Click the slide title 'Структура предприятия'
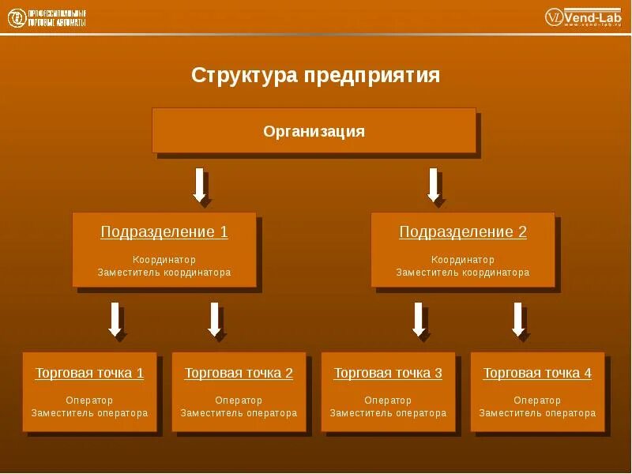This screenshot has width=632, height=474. (x=315, y=76)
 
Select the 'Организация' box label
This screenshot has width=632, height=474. (x=314, y=131)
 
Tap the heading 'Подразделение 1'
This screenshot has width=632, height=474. (x=164, y=232)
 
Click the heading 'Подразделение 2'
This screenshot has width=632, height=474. (x=463, y=232)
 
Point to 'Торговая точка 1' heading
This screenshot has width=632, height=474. (x=89, y=374)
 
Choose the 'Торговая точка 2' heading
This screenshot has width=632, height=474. (x=239, y=374)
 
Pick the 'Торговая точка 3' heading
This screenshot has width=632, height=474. (x=388, y=374)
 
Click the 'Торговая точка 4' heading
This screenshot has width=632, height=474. (x=537, y=374)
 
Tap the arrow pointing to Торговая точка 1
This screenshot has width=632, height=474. (x=115, y=319)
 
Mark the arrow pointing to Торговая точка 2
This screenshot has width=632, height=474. (x=214, y=319)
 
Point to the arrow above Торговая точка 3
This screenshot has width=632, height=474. (x=419, y=319)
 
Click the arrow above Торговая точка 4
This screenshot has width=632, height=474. (x=518, y=319)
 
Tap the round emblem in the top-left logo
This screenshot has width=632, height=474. (x=16, y=18)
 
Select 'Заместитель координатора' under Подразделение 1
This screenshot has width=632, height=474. (x=164, y=273)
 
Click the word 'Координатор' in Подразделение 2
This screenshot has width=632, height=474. (x=463, y=259)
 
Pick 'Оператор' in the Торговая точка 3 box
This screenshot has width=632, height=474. (x=388, y=401)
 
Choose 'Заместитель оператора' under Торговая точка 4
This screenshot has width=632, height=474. (x=537, y=413)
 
